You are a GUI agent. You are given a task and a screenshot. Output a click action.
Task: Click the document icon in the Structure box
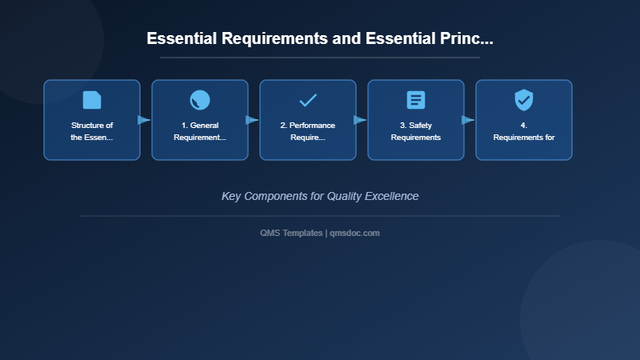(92, 100)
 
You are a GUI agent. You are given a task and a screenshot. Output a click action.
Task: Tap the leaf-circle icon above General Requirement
(200, 100)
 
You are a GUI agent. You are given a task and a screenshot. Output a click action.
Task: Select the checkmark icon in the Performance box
(308, 100)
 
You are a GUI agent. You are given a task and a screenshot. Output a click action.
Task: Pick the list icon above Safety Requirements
(416, 100)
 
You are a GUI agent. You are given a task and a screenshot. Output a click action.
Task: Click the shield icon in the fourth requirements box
(524, 100)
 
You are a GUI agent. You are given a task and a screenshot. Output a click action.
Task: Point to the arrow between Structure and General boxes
(144, 120)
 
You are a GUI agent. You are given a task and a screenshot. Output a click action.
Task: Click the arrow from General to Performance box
(252, 120)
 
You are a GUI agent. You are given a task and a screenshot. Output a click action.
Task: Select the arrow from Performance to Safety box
(360, 120)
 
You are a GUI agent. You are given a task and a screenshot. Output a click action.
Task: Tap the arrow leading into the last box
(468, 120)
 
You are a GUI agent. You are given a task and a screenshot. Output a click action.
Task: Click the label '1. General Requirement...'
(200, 131)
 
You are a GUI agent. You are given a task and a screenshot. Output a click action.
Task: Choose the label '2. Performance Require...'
(308, 131)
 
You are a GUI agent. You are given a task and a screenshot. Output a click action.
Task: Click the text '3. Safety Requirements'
(416, 131)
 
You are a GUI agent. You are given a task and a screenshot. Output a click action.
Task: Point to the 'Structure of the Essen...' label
(92, 131)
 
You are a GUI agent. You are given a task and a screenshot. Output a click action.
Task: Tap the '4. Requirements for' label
(524, 131)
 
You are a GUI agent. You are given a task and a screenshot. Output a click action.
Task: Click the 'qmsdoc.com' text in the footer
(355, 233)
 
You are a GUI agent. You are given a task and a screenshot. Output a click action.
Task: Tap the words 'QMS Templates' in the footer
(291, 233)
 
